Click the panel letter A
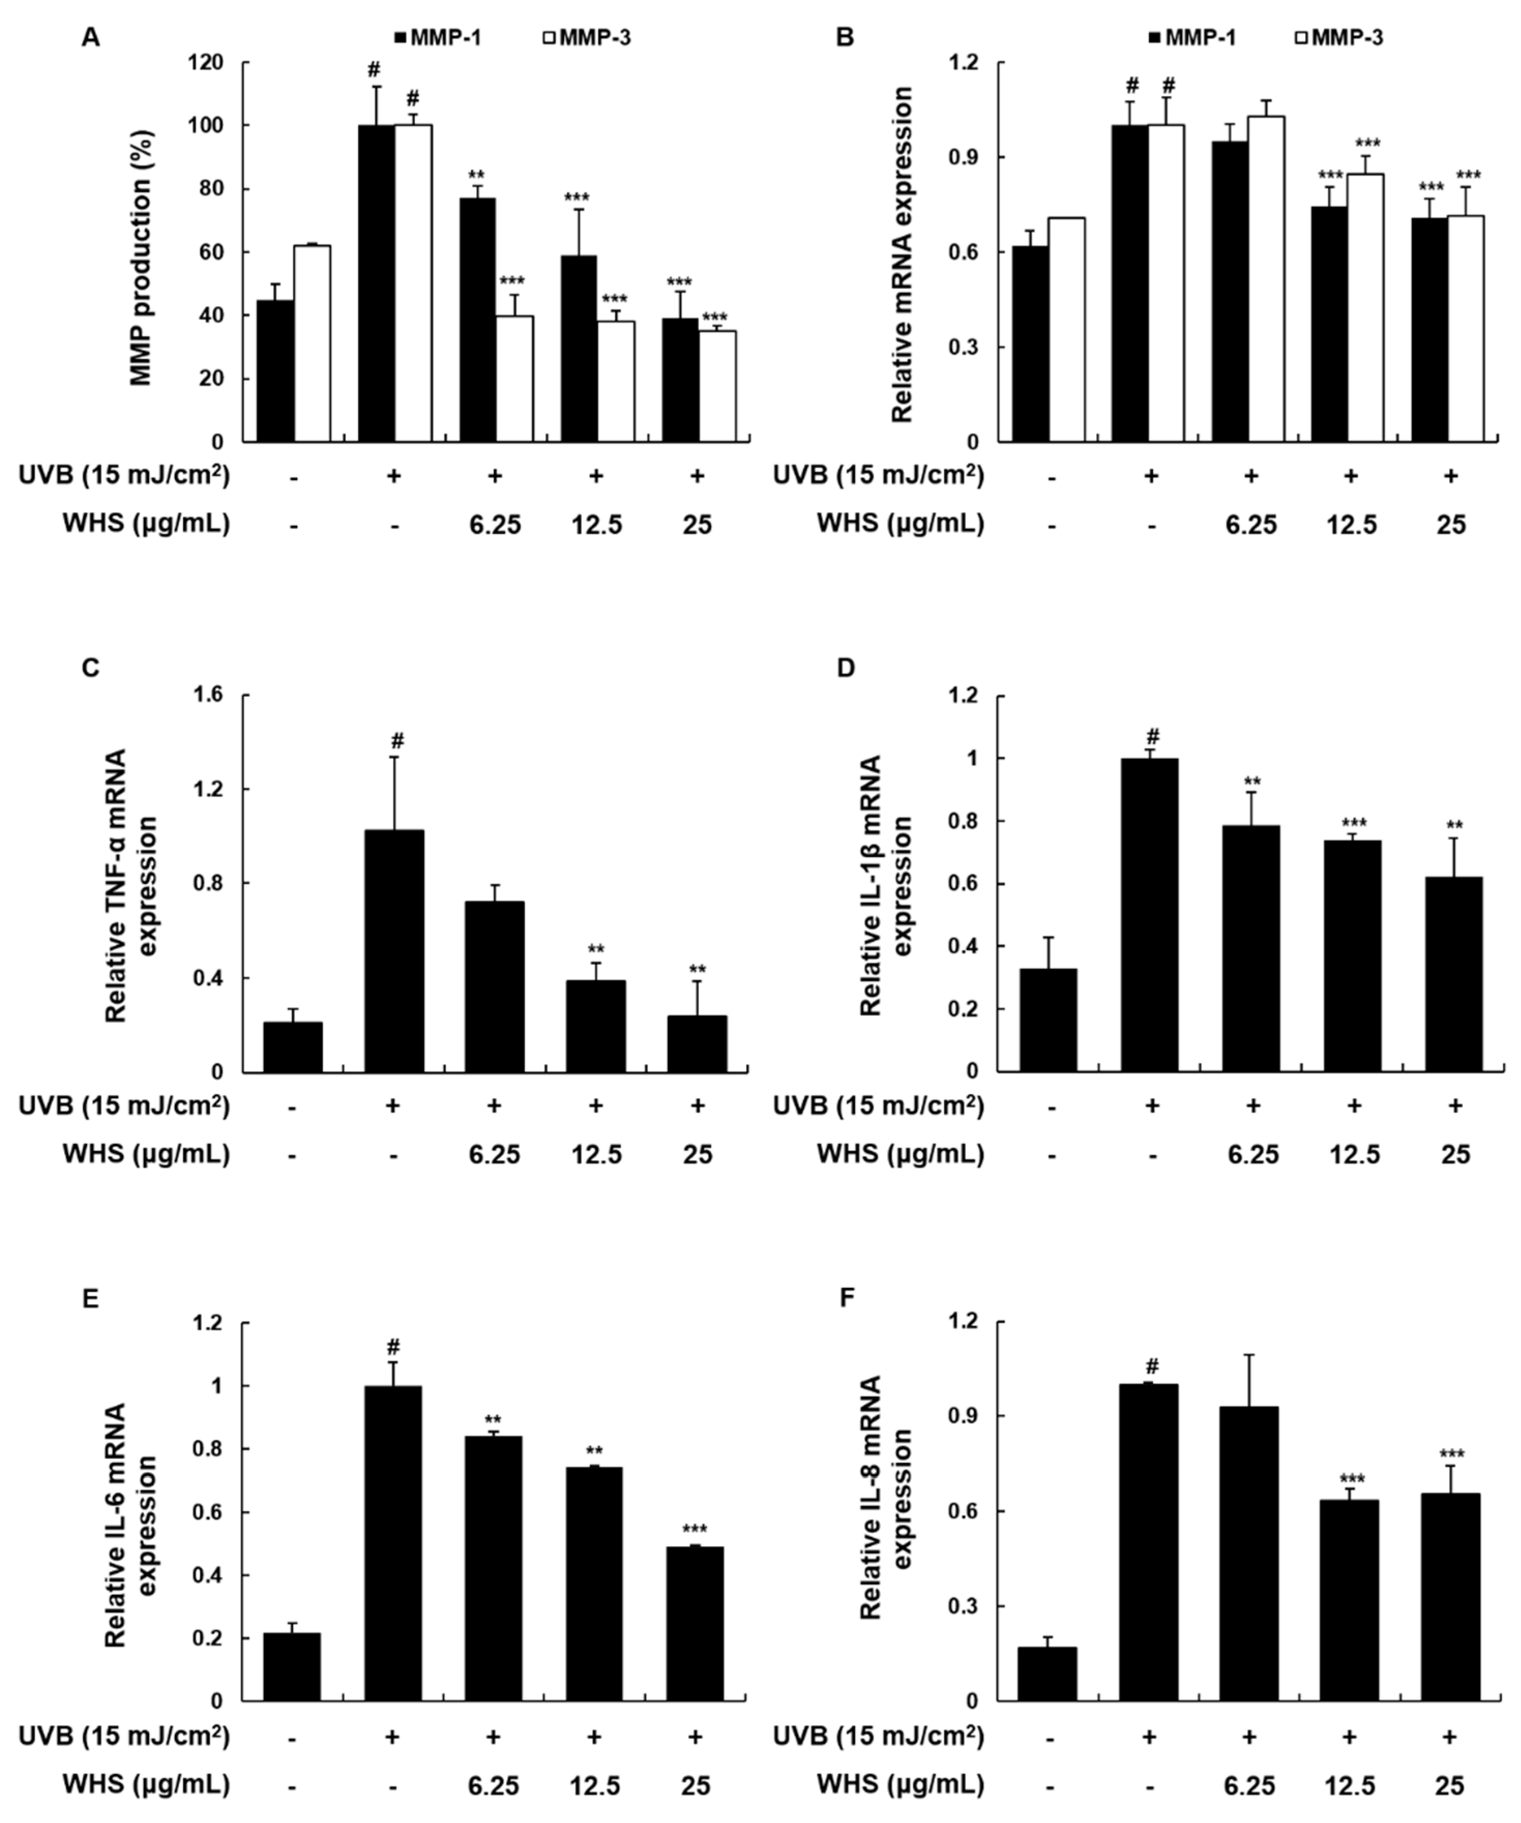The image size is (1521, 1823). click(x=90, y=37)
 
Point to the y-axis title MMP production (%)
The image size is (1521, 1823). click(x=141, y=258)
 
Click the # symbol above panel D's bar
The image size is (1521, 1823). click(x=1151, y=736)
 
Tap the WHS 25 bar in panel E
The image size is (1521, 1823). click(x=696, y=1623)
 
